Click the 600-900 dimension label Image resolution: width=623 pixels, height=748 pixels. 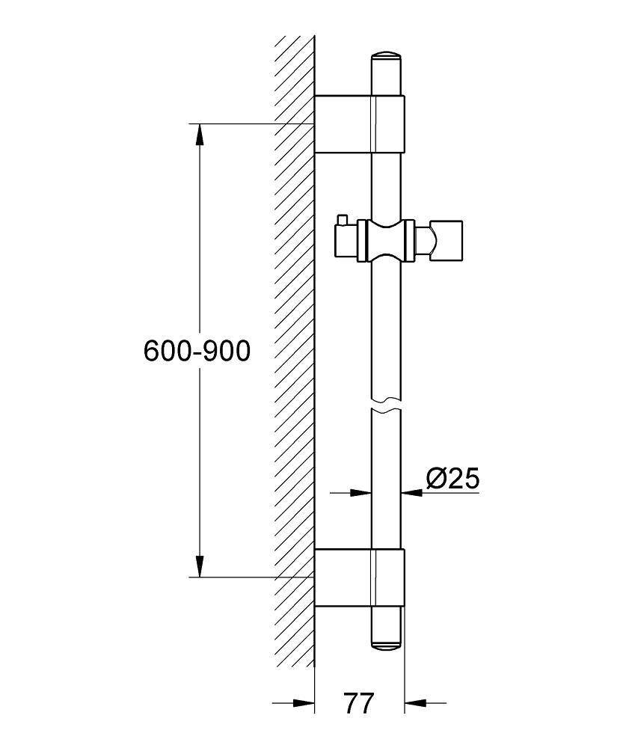coord(197,352)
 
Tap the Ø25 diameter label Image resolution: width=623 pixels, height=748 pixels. coord(452,478)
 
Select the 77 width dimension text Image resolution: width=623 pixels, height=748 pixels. coord(359,702)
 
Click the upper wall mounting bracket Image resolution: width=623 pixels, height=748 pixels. coord(360,124)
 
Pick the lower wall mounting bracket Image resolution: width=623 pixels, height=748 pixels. coord(360,577)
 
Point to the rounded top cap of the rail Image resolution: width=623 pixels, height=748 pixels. coord(387,55)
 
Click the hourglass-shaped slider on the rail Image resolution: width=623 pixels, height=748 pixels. coord(387,241)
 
